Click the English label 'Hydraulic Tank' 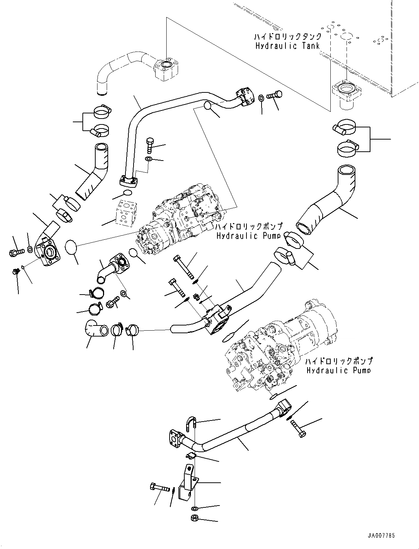pyautogui.click(x=287, y=46)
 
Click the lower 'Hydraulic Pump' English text pyautogui.click(x=338, y=370)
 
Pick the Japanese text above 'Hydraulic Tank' pyautogui.click(x=287, y=37)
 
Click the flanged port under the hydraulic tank pyautogui.click(x=346, y=92)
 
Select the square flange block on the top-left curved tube pyautogui.click(x=167, y=69)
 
